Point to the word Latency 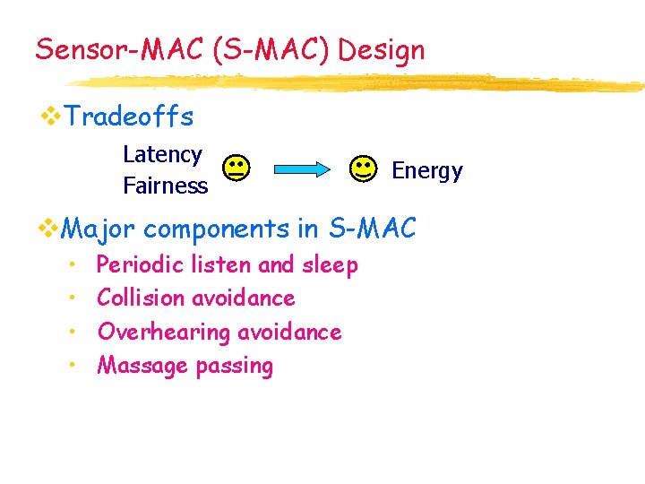[x=162, y=155]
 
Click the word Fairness [x=165, y=186]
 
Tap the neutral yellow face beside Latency [x=236, y=169]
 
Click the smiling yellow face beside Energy [x=363, y=169]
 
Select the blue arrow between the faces [x=301, y=169]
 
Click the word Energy [x=427, y=170]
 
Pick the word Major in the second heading [x=98, y=229]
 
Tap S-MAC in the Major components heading [x=372, y=229]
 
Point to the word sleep [x=330, y=265]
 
